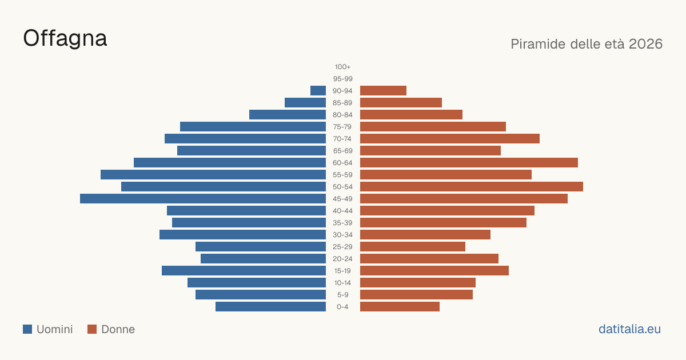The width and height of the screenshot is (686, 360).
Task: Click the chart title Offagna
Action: tap(65, 39)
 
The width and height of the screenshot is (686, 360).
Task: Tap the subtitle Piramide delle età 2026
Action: tap(587, 44)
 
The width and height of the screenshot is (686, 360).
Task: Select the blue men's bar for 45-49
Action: tap(203, 199)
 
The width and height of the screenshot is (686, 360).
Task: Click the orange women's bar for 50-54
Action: tap(472, 187)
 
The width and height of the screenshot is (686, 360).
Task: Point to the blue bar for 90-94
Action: tap(318, 91)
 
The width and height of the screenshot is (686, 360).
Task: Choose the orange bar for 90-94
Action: tap(383, 91)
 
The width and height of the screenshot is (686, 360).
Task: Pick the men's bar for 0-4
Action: tap(270, 307)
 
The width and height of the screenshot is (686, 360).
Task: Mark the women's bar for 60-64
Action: tap(469, 162)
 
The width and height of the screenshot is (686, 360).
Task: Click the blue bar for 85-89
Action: tap(305, 102)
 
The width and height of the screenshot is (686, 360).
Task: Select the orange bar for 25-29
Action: tap(413, 247)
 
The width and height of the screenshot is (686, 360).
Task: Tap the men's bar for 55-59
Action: tap(213, 175)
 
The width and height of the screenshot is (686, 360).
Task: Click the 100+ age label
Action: tap(342, 67)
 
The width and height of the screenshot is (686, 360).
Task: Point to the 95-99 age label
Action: tap(342, 79)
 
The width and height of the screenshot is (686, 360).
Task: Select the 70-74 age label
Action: tap(342, 139)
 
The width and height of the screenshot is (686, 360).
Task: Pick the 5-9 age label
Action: tap(342, 295)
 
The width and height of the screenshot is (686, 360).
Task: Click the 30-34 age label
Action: tap(342, 235)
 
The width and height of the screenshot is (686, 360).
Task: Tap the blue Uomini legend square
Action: tap(27, 329)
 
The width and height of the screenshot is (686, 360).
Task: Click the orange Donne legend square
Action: tap(92, 329)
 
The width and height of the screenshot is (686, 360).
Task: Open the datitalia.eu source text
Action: tap(629, 329)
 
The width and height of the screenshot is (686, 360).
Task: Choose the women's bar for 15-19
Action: tap(434, 271)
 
